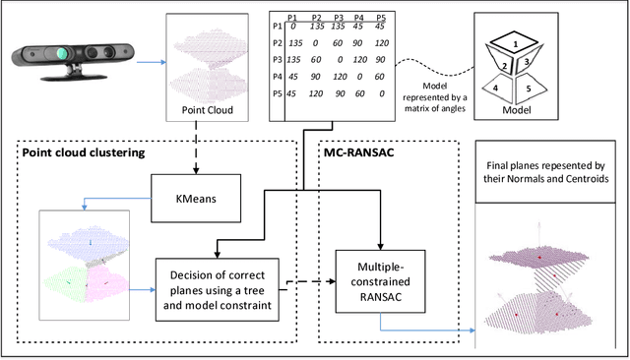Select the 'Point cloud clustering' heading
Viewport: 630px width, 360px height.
pos(86,153)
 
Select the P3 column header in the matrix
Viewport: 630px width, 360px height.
pos(339,18)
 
